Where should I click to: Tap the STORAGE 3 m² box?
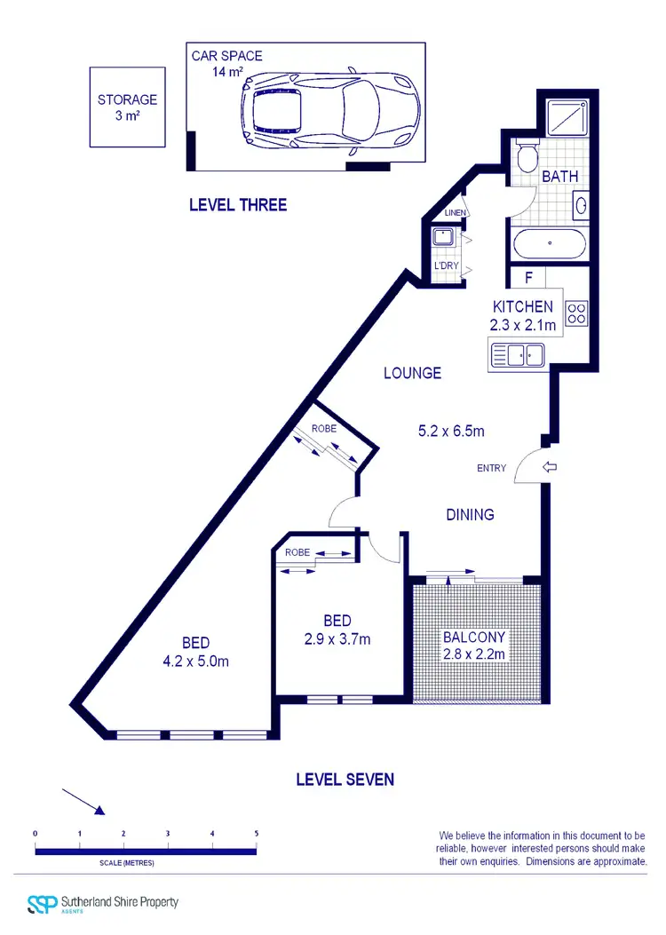(x=127, y=107)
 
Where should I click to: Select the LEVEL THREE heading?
(x=238, y=205)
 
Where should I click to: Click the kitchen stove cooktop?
(x=576, y=313)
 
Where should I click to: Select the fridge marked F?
(x=528, y=278)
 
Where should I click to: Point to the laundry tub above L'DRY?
(x=442, y=237)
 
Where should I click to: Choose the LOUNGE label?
(x=412, y=374)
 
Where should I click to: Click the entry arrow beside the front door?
(x=549, y=467)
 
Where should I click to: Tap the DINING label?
(x=470, y=515)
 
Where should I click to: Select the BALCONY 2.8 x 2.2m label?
(x=474, y=646)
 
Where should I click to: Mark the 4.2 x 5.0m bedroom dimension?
(x=196, y=661)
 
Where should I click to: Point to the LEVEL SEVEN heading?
(x=345, y=780)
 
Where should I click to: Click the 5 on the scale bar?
(x=257, y=834)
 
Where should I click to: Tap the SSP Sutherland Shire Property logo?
(x=103, y=904)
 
